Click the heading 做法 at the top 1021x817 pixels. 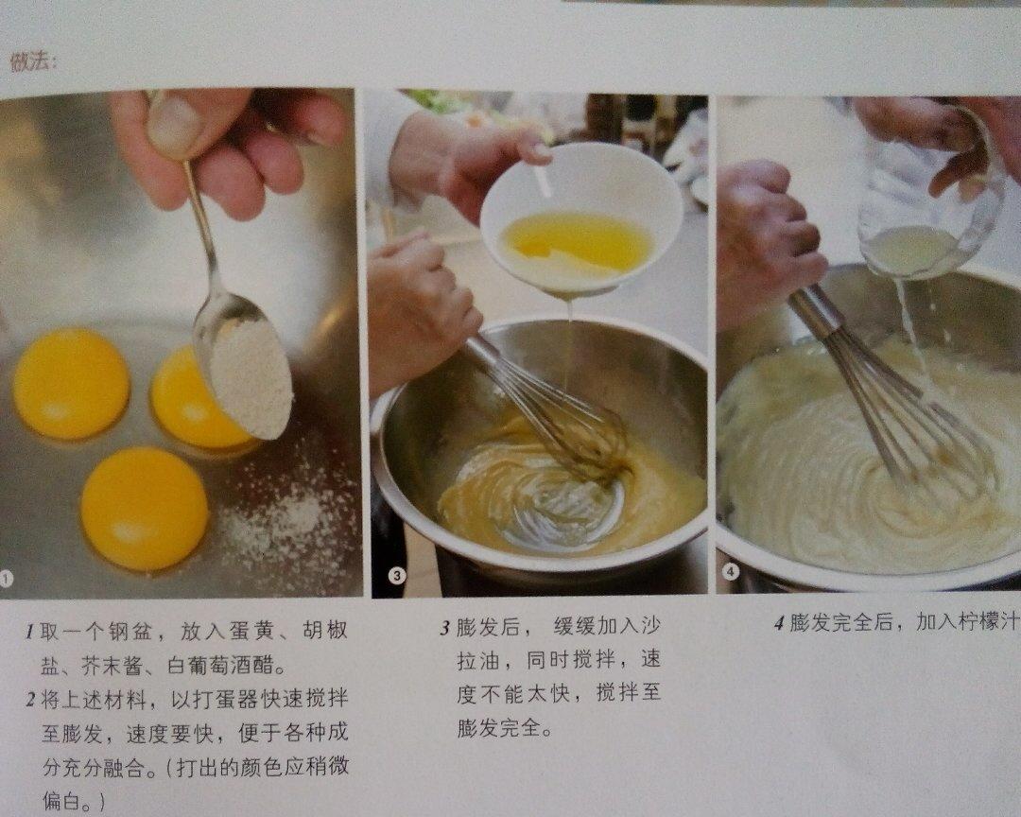pos(33,62)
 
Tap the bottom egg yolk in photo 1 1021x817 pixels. pos(144,508)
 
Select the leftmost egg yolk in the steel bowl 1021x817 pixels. pos(71,384)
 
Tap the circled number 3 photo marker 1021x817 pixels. pos(396,574)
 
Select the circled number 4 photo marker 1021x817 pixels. pos(731,571)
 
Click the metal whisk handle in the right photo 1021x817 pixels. pos(814,313)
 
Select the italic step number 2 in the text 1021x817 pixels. pos(30,700)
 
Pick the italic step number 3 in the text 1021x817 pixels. pos(443,628)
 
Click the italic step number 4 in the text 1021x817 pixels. pos(780,623)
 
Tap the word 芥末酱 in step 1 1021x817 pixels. pos(117,666)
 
